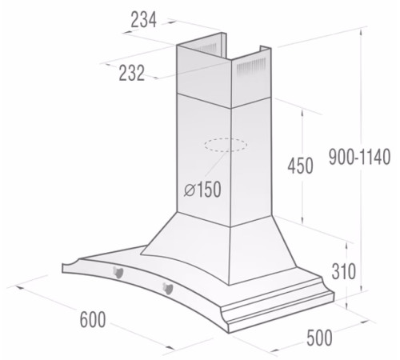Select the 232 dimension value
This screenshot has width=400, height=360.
pyautogui.click(x=131, y=73)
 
